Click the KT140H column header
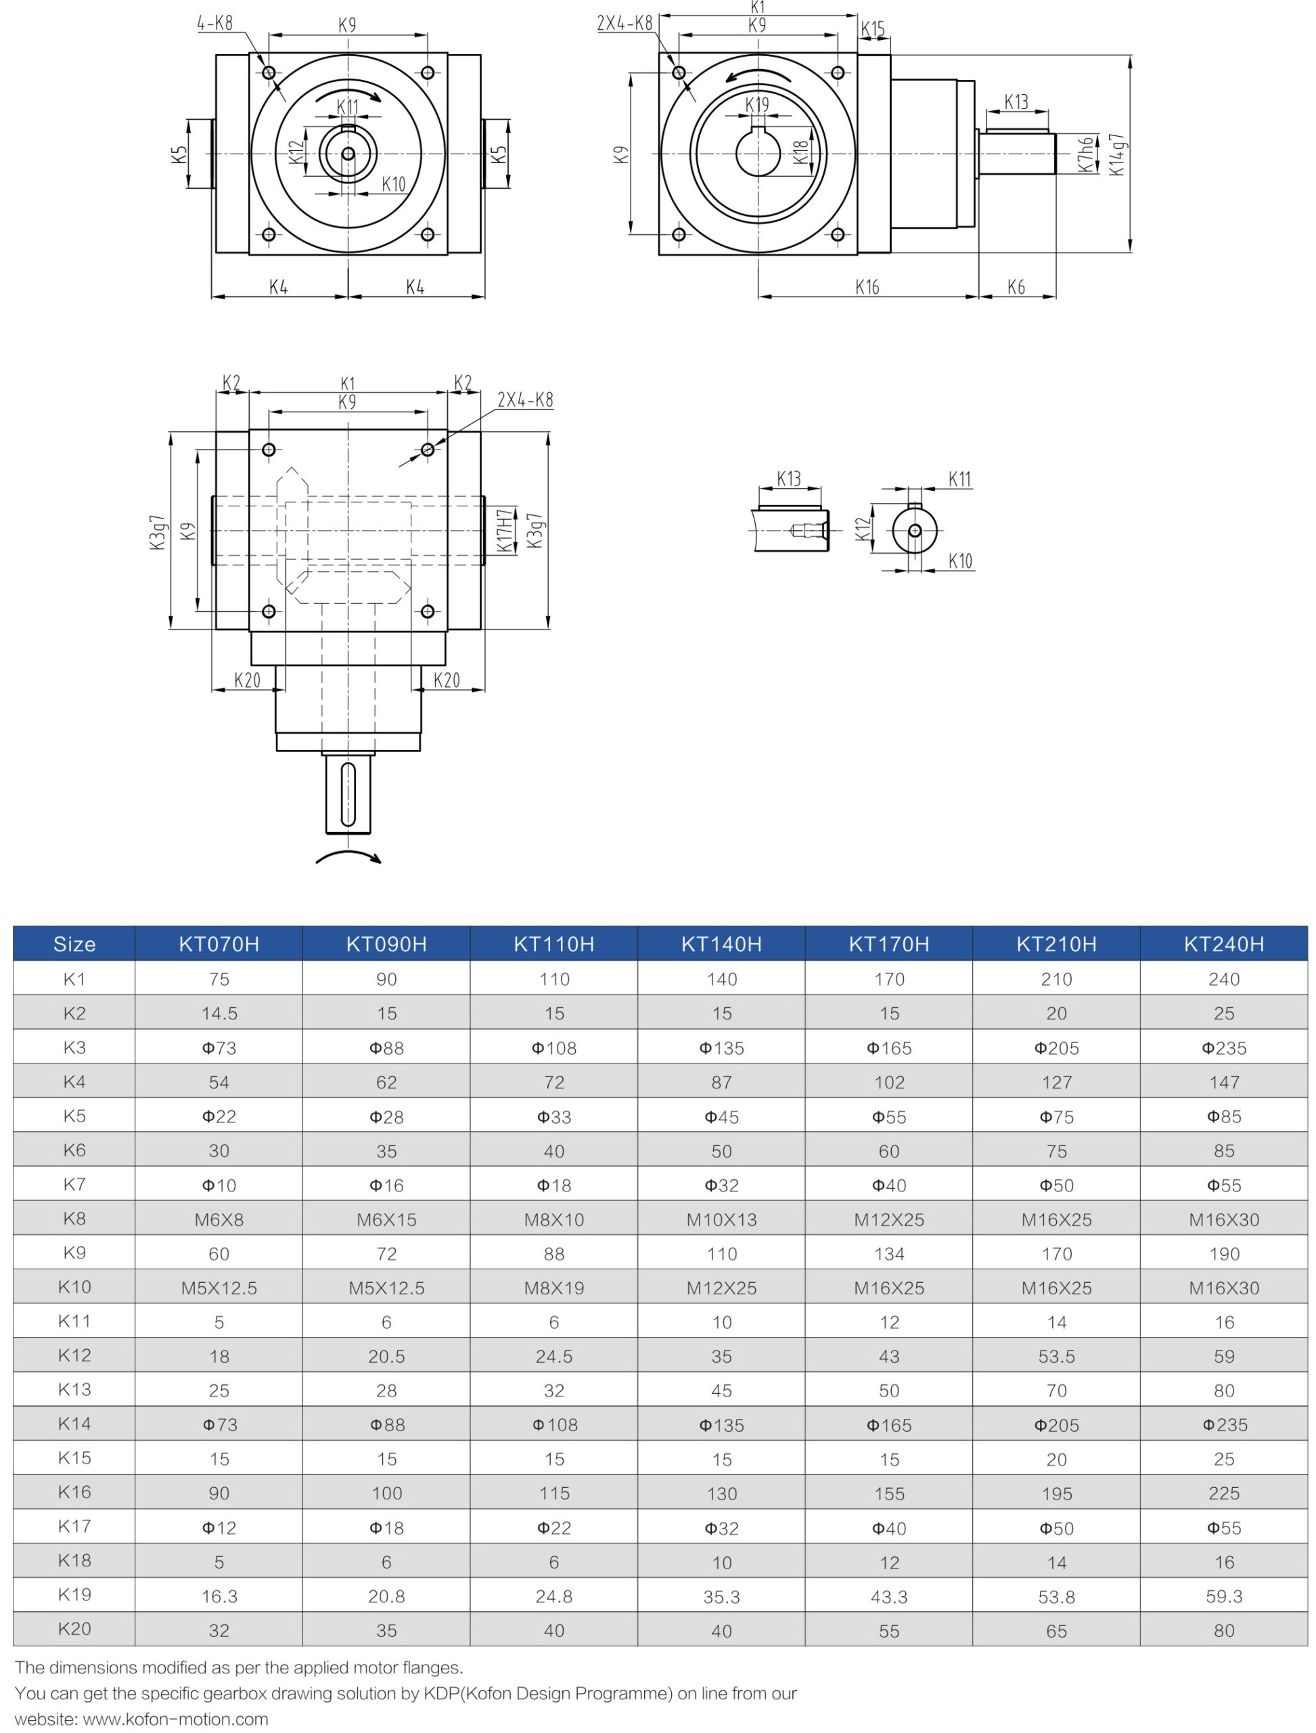pos(721,944)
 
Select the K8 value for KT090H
pos(386,1220)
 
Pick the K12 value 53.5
pos(1056,1357)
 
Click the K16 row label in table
pos(74,1493)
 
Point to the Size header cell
pos(74,944)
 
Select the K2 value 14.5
pos(219,1013)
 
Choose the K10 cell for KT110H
pos(554,1288)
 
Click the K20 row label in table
pos(74,1629)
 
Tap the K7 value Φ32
pos(721,1185)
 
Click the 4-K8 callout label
pos(214,24)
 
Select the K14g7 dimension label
pos(1117,154)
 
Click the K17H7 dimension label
pos(505,530)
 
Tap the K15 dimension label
pos(873,30)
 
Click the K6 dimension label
pos(1016,288)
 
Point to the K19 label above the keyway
pos(756,105)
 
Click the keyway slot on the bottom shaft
pos(348,794)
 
